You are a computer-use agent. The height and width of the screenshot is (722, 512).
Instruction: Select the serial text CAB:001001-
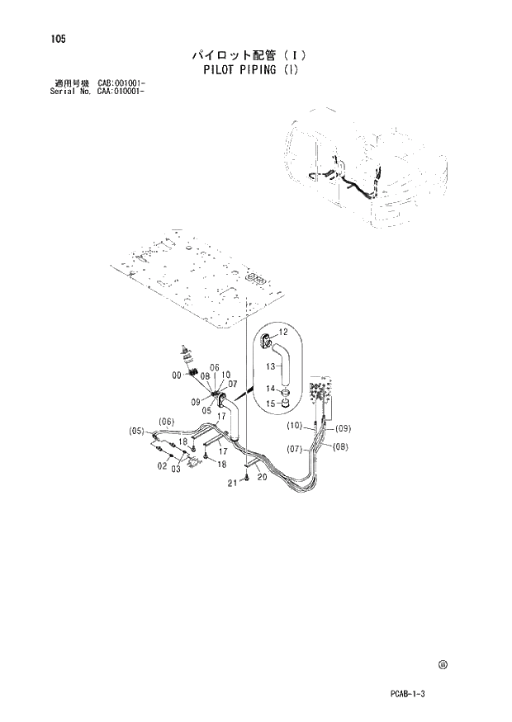point(133,83)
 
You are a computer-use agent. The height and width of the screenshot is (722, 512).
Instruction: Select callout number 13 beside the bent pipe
point(271,366)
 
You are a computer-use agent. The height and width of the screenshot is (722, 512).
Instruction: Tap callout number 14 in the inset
point(271,388)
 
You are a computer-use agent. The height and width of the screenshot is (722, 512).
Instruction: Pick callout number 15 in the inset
point(271,403)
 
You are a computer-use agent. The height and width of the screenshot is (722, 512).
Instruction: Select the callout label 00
point(177,375)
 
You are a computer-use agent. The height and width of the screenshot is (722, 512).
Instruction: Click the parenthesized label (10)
point(295,426)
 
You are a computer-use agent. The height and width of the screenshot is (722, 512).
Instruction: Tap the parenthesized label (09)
point(343,427)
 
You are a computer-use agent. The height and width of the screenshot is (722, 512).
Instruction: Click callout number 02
point(163,465)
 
